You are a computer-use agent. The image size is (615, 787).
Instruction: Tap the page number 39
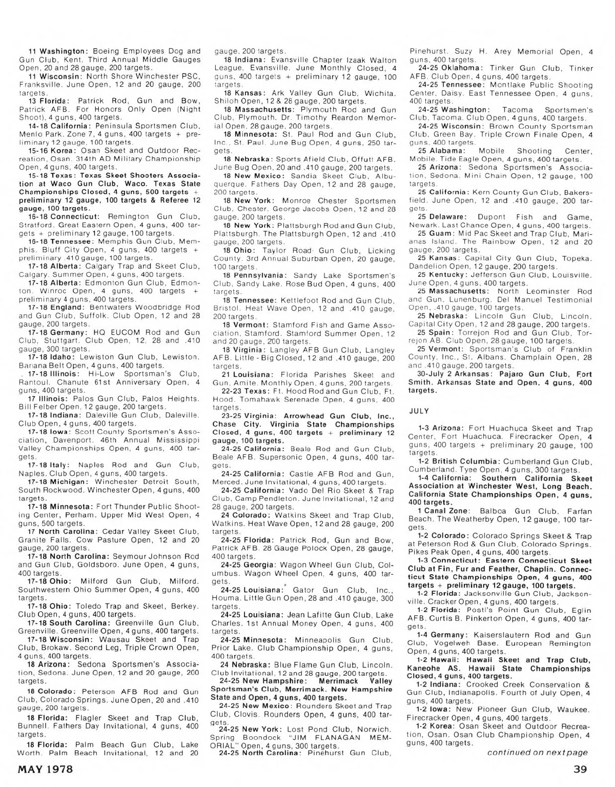582,769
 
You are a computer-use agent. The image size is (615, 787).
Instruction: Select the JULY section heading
420,411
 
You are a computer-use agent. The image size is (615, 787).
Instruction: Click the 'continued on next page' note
537,752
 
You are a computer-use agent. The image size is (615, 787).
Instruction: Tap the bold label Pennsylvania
260,275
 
